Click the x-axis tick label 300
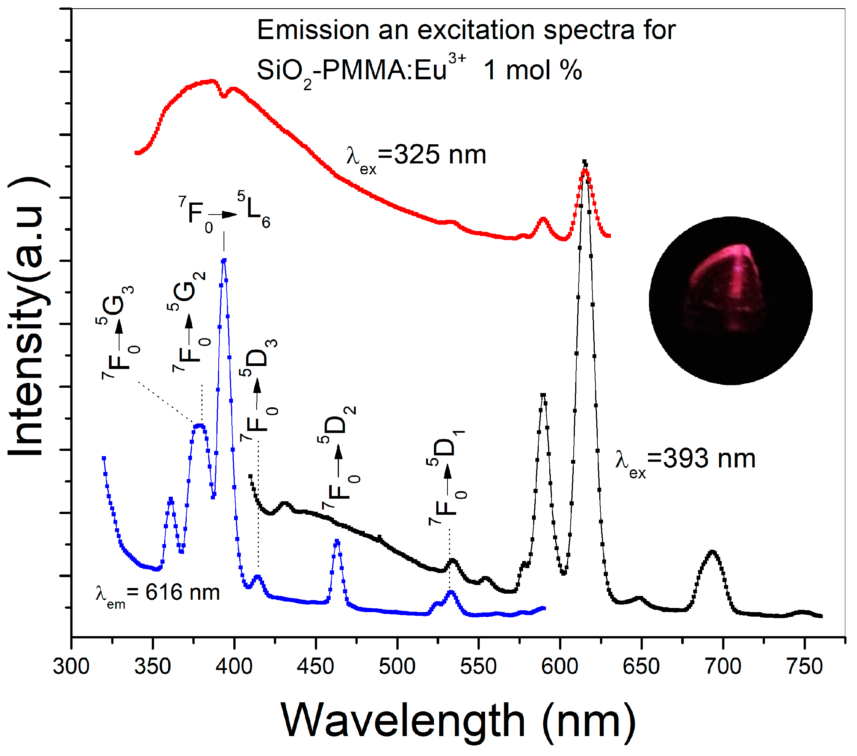point(71,667)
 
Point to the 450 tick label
point(315,667)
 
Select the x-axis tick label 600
point(560,667)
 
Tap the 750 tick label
point(805,667)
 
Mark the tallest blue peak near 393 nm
point(224,261)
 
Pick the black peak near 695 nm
point(712,552)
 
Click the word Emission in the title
point(312,30)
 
